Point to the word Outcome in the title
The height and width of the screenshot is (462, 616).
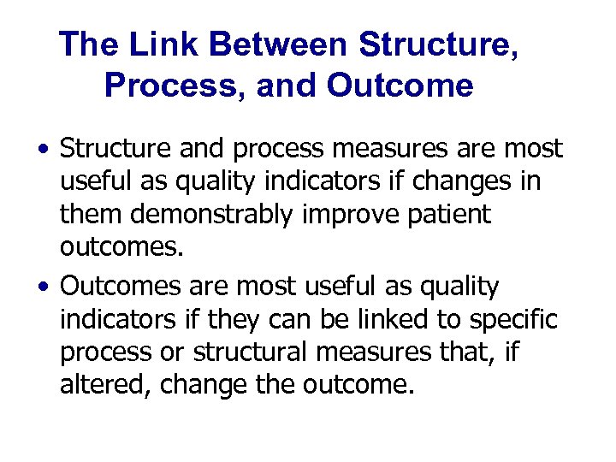click(400, 86)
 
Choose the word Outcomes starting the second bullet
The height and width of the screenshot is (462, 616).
click(116, 287)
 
